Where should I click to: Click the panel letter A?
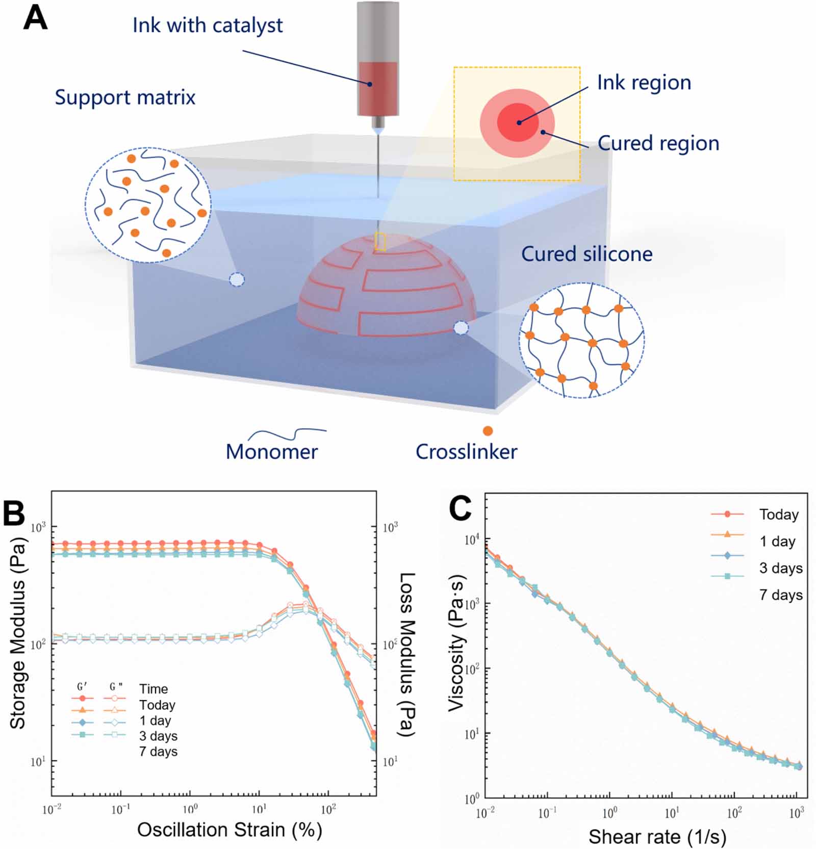pyautogui.click(x=36, y=19)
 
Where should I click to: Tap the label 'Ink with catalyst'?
pyautogui.click(x=208, y=25)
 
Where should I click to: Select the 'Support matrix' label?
pyautogui.click(x=125, y=97)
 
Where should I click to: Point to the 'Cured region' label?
pyautogui.click(x=658, y=143)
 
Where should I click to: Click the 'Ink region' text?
pyautogui.click(x=644, y=83)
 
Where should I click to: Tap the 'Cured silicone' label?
pyautogui.click(x=586, y=254)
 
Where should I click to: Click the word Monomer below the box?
pyautogui.click(x=272, y=451)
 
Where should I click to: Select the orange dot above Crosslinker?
pyautogui.click(x=488, y=431)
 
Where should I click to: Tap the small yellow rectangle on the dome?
pyautogui.click(x=380, y=241)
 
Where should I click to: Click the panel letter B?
pyautogui.click(x=14, y=513)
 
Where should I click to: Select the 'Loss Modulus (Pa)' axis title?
pyautogui.click(x=406, y=655)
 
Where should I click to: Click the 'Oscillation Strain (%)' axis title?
pyautogui.click(x=229, y=830)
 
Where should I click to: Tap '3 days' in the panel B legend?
pyautogui.click(x=159, y=736)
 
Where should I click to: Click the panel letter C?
pyautogui.click(x=460, y=508)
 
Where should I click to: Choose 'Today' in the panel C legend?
pyautogui.click(x=779, y=514)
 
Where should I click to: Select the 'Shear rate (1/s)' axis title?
pyautogui.click(x=657, y=837)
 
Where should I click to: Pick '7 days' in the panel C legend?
pyautogui.click(x=781, y=595)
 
